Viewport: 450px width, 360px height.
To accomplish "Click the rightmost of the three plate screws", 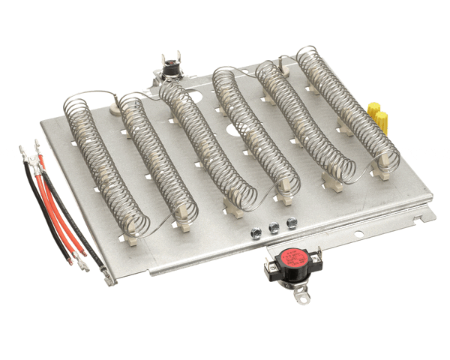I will click(290, 222).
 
